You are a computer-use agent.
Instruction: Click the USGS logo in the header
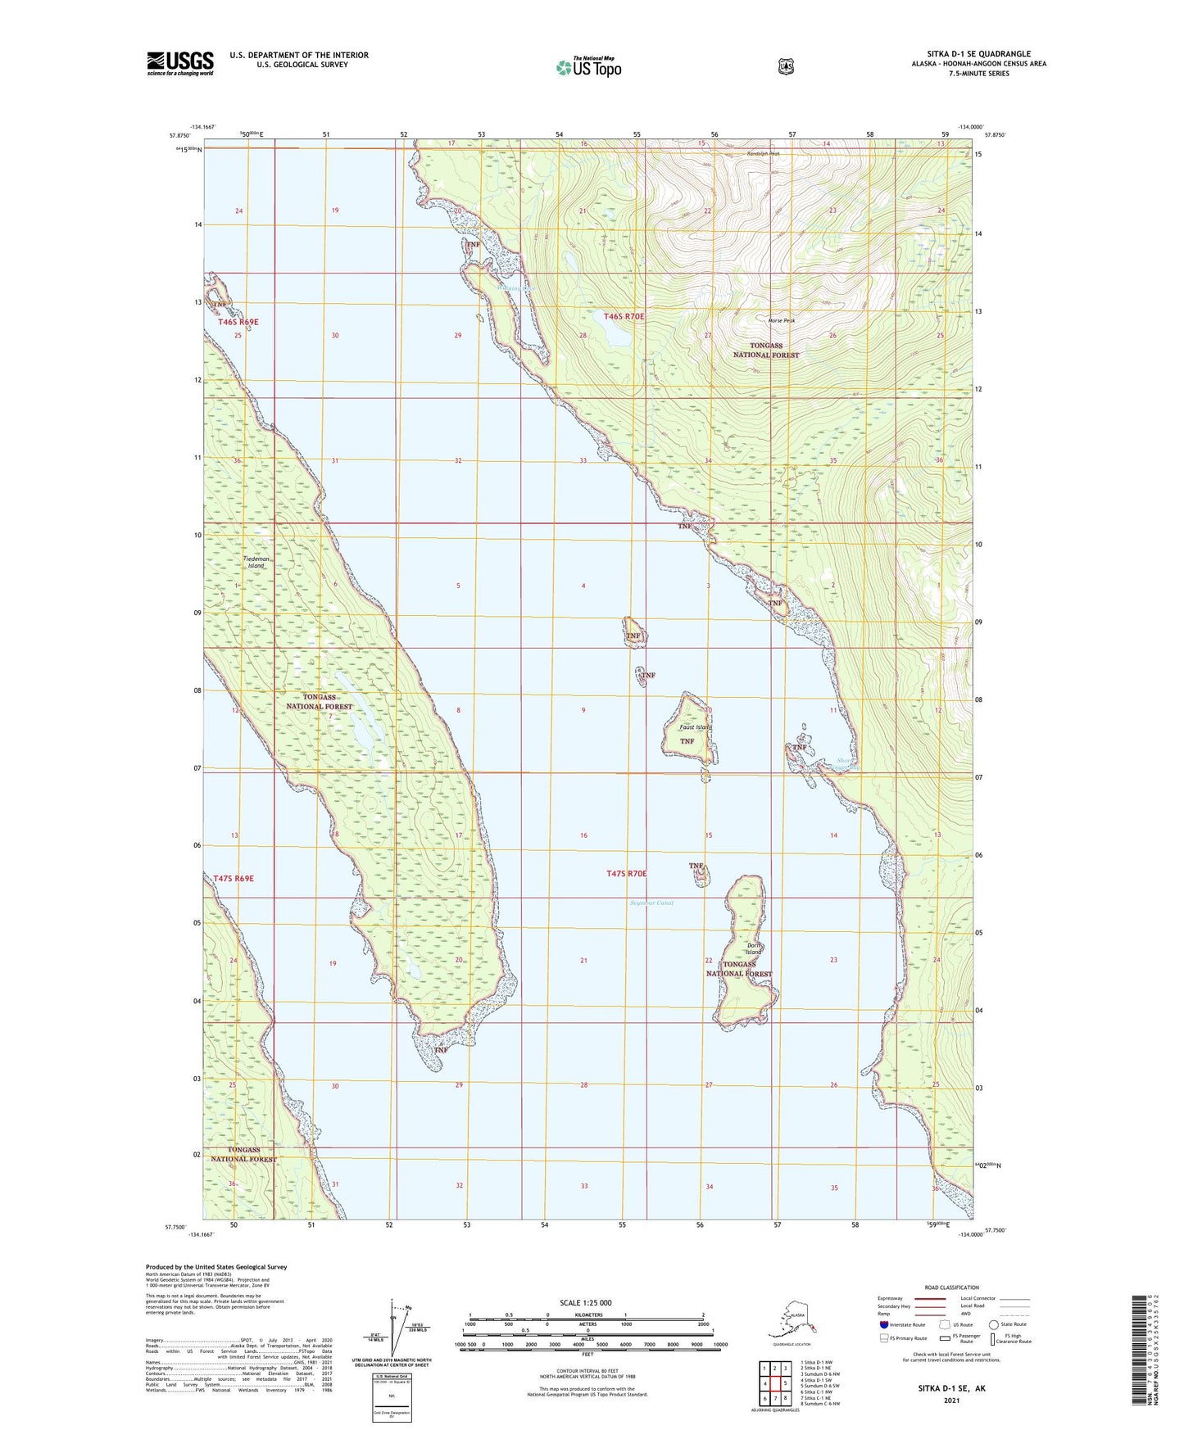pyautogui.click(x=180, y=63)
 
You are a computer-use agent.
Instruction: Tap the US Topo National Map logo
pyautogui.click(x=588, y=66)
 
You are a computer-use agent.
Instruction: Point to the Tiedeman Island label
pyautogui.click(x=257, y=562)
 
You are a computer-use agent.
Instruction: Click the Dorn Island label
pyautogui.click(x=754, y=948)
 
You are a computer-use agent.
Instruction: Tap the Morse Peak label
pyautogui.click(x=781, y=320)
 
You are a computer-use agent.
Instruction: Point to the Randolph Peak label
pyautogui.click(x=763, y=153)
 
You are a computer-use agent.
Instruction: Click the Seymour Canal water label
pyautogui.click(x=651, y=903)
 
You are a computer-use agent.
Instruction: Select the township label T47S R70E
pyautogui.click(x=626, y=874)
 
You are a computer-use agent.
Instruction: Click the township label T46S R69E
pyautogui.click(x=238, y=322)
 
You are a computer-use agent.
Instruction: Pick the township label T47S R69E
pyautogui.click(x=234, y=878)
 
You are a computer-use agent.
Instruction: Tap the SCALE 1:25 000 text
pyautogui.click(x=585, y=1302)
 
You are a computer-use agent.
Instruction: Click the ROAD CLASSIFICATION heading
pyautogui.click(x=951, y=1287)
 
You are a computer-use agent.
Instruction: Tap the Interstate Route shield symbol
pyautogui.click(x=884, y=1324)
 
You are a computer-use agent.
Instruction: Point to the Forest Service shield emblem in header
pyautogui.click(x=786, y=66)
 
